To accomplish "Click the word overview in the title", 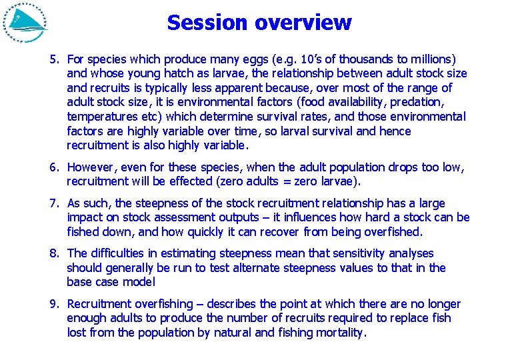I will coord(304,23).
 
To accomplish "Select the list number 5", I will coord(54,59).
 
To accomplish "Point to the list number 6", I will coord(54,167).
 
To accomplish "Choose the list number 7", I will coord(54,203).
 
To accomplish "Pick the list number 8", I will coord(54,253).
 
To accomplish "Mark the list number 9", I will coord(54,304).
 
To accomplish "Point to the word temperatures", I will coord(101,117).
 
